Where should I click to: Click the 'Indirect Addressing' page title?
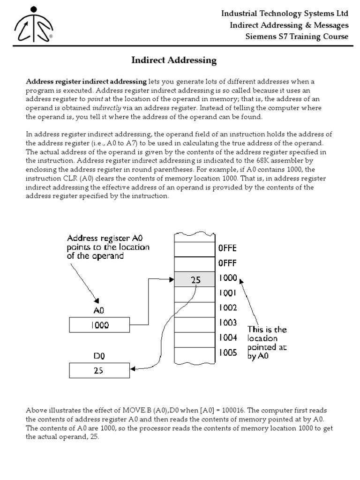pos(173,60)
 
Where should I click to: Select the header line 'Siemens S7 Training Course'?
pos(298,37)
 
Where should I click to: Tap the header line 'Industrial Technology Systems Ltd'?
pos(285,14)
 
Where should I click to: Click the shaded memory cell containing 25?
pos(195,280)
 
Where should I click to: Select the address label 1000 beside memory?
pos(228,278)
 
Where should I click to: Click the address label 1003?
pos(228,323)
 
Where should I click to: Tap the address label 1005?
pos(228,352)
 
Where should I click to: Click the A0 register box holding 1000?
pos(99,325)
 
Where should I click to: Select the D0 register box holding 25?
pos(99,370)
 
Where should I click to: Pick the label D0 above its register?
pos(99,356)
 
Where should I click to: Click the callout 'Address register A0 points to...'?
pos(108,247)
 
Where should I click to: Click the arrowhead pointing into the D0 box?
pos(133,369)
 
